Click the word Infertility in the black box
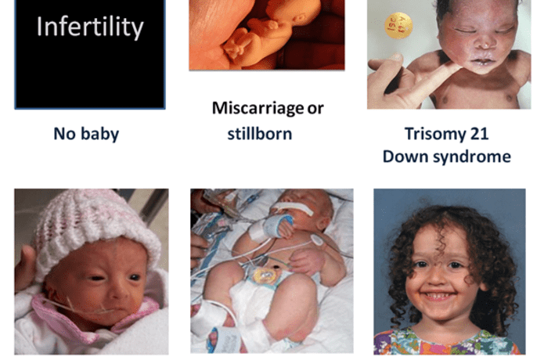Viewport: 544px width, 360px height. coord(90,27)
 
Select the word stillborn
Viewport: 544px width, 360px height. coord(254,133)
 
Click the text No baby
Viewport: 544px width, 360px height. coord(86,134)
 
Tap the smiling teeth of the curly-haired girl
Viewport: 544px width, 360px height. coord(445,296)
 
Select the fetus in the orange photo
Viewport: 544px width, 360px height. coord(250,35)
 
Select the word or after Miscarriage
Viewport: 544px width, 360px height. coord(316,108)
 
